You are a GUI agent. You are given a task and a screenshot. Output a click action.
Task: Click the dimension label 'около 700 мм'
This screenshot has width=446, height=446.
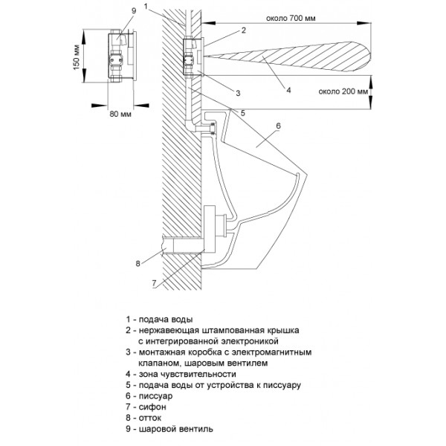pos(291,18)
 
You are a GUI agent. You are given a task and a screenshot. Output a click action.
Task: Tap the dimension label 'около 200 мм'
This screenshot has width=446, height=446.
pos(343,91)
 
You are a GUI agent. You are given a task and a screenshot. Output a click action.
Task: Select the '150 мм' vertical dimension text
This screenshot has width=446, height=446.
pos(77,57)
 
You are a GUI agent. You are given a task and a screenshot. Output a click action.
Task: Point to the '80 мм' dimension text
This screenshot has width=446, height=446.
pos(120,114)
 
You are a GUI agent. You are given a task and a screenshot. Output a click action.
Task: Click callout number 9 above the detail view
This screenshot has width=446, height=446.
pos(134,11)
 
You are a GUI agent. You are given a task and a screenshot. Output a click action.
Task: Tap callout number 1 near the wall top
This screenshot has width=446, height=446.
pos(146,6)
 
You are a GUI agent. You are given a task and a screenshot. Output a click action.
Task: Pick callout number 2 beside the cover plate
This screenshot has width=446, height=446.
pos(244,30)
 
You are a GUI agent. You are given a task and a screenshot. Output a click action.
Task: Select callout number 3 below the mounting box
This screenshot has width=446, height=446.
pos(238,93)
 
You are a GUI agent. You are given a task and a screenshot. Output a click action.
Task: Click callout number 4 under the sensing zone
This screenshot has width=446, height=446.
pos(288,90)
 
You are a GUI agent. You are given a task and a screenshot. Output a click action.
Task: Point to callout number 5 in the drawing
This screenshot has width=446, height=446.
pos(242,113)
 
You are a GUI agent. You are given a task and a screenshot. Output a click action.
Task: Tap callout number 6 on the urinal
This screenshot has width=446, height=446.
pos(278,126)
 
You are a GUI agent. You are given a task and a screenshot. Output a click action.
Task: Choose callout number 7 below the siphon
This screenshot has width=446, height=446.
pos(154,283)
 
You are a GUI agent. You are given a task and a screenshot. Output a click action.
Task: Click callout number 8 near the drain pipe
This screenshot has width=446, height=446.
pos(138,264)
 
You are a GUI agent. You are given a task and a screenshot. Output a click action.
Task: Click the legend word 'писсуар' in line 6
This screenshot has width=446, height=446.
pos(155,396)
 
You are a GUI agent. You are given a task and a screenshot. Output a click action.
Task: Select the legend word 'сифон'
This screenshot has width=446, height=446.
pos(152,407)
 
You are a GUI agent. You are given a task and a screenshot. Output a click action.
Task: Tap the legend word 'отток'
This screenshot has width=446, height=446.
pos(150,418)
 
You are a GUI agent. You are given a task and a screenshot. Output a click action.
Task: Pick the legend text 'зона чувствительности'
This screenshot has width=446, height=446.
pos(187,374)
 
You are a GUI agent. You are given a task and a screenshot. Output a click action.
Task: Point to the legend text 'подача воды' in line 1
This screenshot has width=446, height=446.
pos(166,320)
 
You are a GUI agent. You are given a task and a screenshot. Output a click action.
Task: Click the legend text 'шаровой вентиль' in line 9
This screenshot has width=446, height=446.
pos(175,429)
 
